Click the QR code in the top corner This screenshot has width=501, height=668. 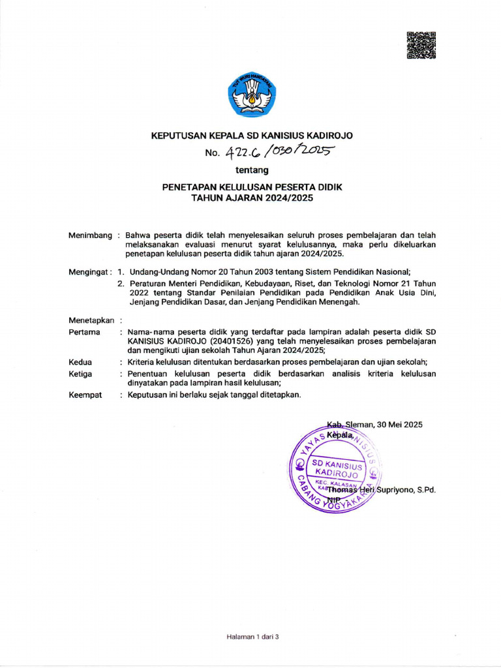click(x=421, y=46)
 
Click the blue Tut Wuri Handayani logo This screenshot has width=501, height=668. click(x=252, y=96)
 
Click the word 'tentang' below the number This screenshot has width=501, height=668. click(x=252, y=171)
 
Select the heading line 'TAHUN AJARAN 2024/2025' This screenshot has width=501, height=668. click(x=252, y=197)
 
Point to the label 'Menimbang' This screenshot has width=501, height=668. click(x=90, y=235)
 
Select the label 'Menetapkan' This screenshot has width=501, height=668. click(x=91, y=320)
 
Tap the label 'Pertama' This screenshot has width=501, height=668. click(x=84, y=332)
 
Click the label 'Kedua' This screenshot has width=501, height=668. click(x=80, y=362)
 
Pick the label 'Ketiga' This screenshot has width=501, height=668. click(x=80, y=374)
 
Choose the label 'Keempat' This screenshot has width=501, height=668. click(x=85, y=395)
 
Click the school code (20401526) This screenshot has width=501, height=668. click(x=210, y=341)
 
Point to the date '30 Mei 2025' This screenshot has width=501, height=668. click(x=399, y=425)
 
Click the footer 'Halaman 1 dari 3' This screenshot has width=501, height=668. click(x=252, y=637)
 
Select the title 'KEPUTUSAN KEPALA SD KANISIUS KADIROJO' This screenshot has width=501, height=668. click(x=252, y=136)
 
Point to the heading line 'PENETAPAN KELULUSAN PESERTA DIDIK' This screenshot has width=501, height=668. click(x=252, y=187)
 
